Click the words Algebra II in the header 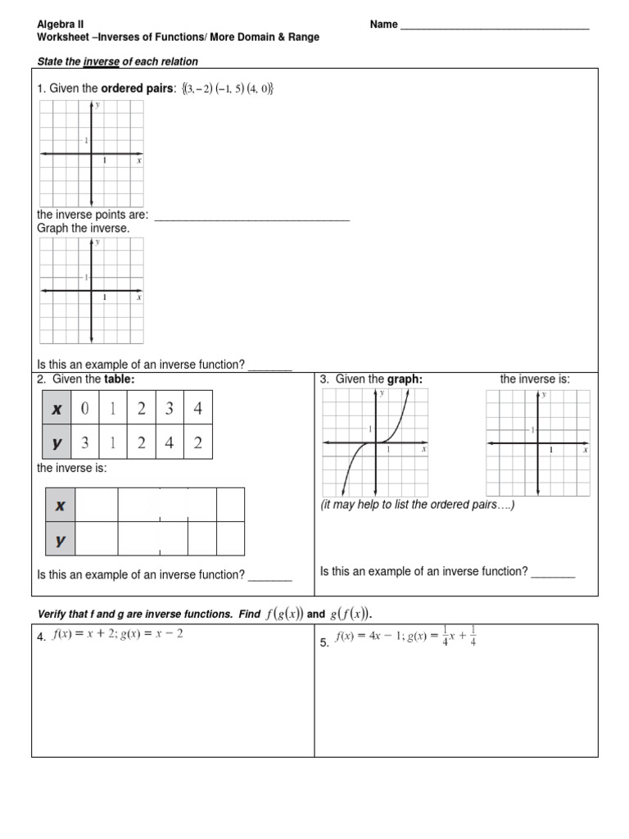click(61, 25)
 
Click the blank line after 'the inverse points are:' click(251, 217)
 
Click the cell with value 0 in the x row click(84, 408)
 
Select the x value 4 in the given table click(197, 408)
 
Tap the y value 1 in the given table click(113, 443)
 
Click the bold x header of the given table click(57, 408)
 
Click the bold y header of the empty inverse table click(60, 540)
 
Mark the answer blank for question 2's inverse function click(270, 576)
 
